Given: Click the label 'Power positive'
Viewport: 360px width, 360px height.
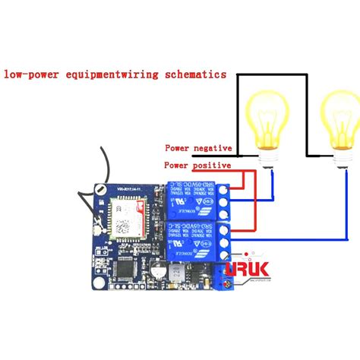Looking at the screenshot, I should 197,165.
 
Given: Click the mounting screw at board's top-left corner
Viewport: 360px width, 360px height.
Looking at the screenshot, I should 99,190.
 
